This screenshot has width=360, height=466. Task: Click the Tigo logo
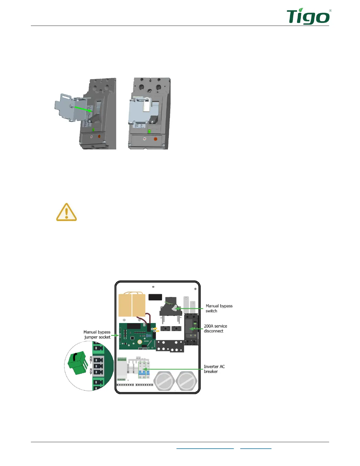308,17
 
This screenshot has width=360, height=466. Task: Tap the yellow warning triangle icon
66,212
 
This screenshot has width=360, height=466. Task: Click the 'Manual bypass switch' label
219,308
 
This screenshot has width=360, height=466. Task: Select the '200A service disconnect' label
215,328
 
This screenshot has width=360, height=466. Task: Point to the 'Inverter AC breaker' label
214,369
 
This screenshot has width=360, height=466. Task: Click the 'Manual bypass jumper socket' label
97,334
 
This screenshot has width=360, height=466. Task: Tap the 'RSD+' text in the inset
91,360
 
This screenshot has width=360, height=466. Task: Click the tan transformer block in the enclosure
132,305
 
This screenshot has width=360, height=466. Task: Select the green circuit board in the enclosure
137,336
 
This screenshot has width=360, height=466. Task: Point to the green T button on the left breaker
93,130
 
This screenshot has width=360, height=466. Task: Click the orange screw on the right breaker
156,139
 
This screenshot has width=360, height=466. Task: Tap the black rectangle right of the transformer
155,297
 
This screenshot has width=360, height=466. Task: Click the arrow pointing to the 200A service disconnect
196,329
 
